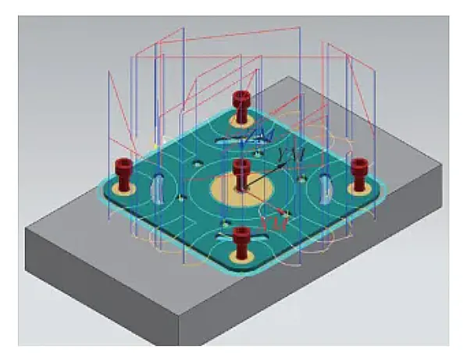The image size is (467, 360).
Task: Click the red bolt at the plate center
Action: point(241,169)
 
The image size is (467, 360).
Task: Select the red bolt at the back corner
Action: point(241,102)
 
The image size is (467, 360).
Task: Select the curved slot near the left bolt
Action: point(159,188)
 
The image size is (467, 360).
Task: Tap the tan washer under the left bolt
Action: point(124,187)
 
